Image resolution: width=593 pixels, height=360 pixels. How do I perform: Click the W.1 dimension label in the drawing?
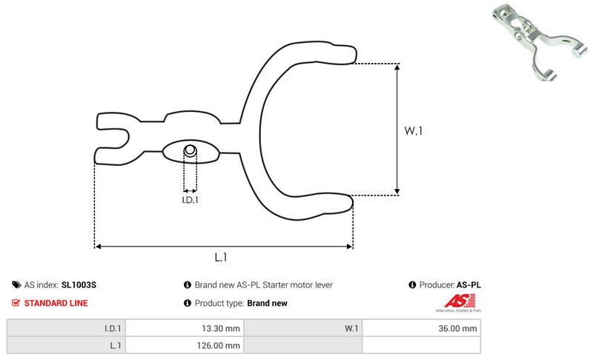click(413, 130)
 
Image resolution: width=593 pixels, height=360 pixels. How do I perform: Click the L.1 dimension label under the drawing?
click(220, 257)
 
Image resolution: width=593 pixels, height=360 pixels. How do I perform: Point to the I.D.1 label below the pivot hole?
click(191, 199)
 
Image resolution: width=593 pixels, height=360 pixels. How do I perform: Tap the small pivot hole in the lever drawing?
click(190, 150)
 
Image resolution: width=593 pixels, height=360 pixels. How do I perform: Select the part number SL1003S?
click(79, 284)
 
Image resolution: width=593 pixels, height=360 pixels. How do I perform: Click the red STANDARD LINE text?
click(56, 303)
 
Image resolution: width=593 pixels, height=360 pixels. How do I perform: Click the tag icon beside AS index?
click(16, 284)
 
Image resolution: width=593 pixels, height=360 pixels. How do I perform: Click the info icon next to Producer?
click(412, 284)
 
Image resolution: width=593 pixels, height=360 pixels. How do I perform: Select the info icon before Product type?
click(187, 303)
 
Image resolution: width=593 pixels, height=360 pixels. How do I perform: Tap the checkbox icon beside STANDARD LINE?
click(16, 303)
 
